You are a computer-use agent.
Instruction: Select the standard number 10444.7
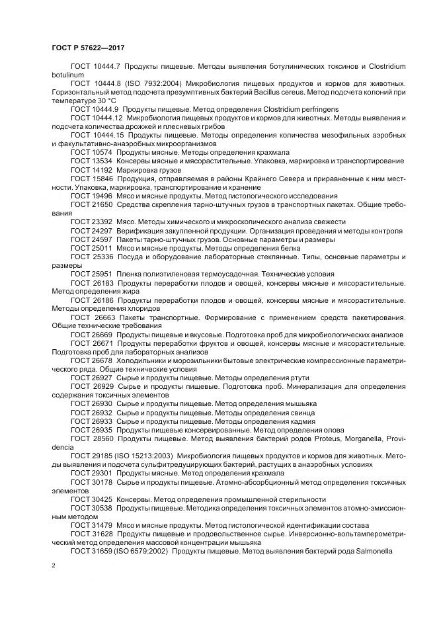pyautogui.click(x=106, y=67)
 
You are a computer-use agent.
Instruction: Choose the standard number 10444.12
pyautogui.click(x=108, y=116)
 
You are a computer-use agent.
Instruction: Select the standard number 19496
pyautogui.click(x=102, y=196)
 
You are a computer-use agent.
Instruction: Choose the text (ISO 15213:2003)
pyautogui.click(x=149, y=456)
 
